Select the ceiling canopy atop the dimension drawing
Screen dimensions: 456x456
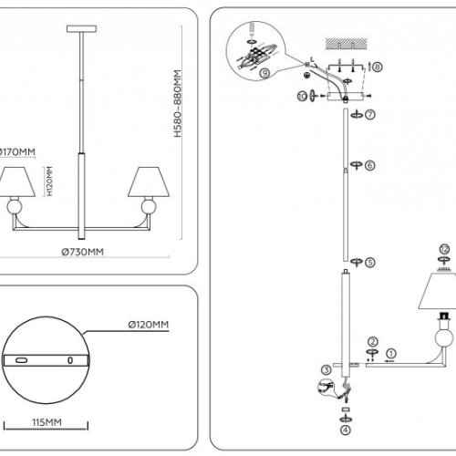[x=83, y=32]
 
